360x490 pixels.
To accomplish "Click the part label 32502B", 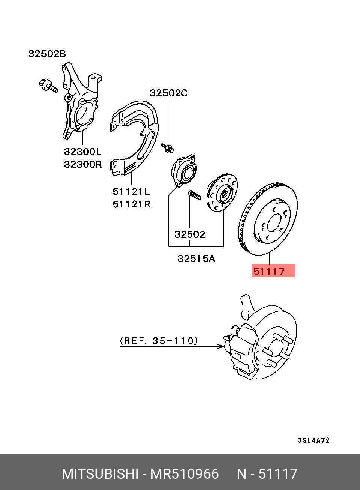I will (x=47, y=54).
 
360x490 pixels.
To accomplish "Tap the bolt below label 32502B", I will (x=48, y=85).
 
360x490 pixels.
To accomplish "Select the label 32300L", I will (x=82, y=152).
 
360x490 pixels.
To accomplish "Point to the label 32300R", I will (x=82, y=164).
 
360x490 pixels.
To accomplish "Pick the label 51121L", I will (x=131, y=191).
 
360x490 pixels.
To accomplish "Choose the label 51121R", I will (x=131, y=204).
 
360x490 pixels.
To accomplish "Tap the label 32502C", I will (x=168, y=93).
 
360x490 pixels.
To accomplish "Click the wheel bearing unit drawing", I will (x=184, y=171).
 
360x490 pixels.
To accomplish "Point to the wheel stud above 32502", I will (x=194, y=195).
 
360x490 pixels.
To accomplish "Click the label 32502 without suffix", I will (x=190, y=234).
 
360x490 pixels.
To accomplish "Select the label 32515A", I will (x=196, y=259).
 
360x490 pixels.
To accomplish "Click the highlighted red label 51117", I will (x=273, y=271).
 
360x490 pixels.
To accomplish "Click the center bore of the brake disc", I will (x=274, y=223).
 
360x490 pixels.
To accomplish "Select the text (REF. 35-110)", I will (x=159, y=341).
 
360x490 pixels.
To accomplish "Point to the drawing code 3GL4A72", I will (x=314, y=440).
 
